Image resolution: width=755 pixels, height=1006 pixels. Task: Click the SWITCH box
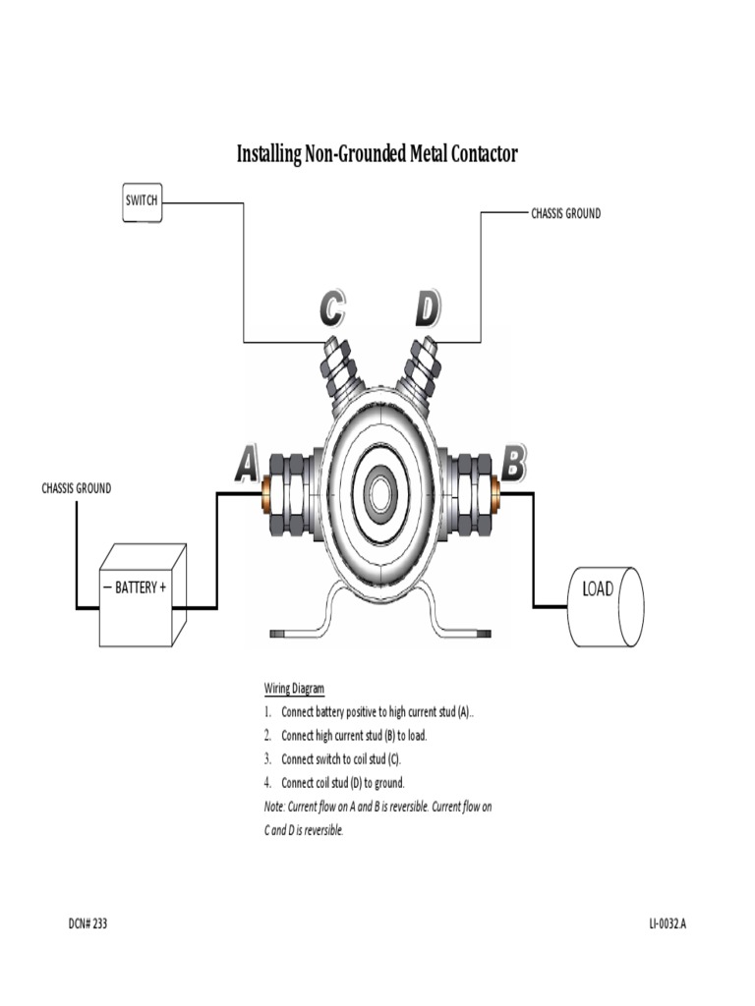click(142, 201)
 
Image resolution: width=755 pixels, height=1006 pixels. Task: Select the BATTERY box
click(142, 594)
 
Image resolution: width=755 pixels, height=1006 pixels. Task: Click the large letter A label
click(247, 465)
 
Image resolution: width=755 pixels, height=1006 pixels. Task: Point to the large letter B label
click(513, 462)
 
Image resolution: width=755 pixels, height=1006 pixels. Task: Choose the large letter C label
click(332, 309)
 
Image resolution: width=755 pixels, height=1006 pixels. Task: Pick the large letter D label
click(427, 309)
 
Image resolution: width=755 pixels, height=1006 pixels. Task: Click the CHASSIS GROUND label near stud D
click(565, 213)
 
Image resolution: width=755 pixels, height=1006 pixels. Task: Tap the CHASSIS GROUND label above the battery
click(76, 488)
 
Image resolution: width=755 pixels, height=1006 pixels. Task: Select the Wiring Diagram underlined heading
click(294, 689)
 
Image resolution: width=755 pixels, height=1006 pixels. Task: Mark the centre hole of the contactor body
click(380, 492)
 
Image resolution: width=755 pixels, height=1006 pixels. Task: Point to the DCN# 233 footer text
click(87, 924)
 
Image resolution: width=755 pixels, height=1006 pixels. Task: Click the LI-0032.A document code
click(668, 924)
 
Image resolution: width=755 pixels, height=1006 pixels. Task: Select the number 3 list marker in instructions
click(266, 759)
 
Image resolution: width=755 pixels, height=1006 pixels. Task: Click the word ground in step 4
click(388, 783)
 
